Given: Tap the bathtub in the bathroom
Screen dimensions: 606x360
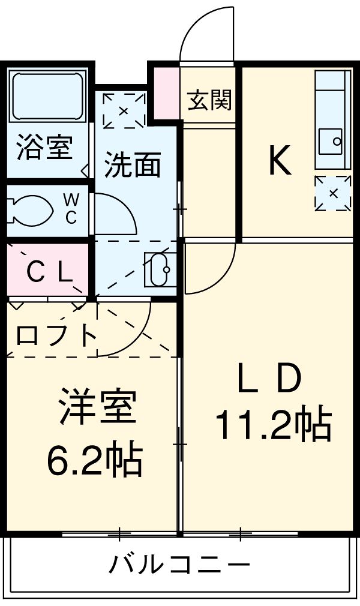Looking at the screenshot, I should [x=47, y=96].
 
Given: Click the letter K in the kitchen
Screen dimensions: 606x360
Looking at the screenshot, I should [x=280, y=161].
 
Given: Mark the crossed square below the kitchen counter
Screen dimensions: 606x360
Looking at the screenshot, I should [x=332, y=193].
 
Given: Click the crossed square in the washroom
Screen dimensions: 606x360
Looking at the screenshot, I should [x=124, y=110].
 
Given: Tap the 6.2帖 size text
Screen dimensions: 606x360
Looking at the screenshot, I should [x=95, y=461].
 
